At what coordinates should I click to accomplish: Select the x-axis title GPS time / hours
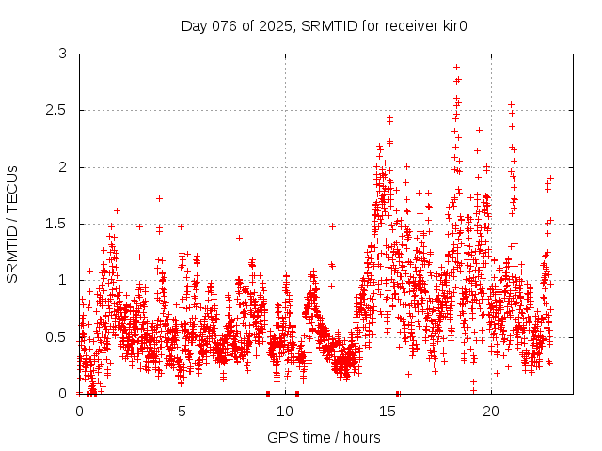(x=324, y=437)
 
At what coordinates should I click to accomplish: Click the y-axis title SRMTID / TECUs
(x=13, y=224)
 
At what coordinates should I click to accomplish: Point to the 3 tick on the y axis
(x=63, y=54)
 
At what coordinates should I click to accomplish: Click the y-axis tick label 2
(x=63, y=167)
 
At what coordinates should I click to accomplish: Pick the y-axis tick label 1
(x=63, y=280)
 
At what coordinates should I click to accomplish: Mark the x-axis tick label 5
(x=182, y=412)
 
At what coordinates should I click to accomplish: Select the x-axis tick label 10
(x=285, y=412)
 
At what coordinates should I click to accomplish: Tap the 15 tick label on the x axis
(x=388, y=412)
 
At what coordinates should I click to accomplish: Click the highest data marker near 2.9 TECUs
(x=456, y=68)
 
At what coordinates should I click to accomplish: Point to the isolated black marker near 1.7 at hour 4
(x=160, y=198)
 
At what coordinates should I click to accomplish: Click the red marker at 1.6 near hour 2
(x=117, y=210)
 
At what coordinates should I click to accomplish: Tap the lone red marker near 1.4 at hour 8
(x=239, y=238)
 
